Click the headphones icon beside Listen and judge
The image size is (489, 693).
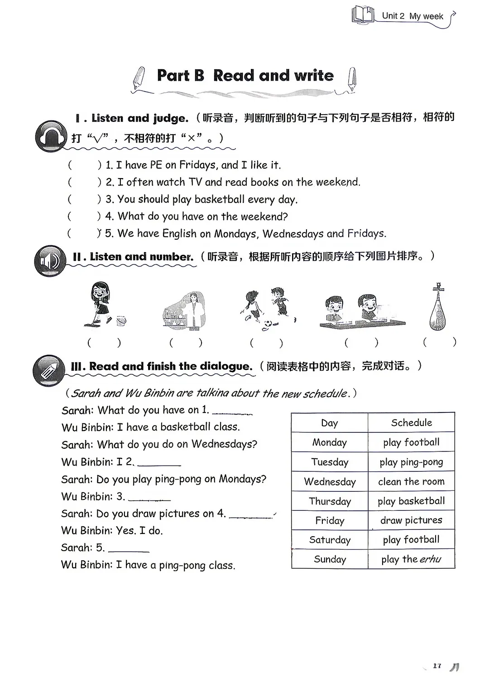click(51, 136)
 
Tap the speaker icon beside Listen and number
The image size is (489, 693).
click(50, 261)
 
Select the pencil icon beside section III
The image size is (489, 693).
click(49, 371)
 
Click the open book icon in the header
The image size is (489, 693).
click(363, 15)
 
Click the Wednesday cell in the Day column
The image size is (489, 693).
click(330, 482)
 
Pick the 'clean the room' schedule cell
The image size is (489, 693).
click(412, 481)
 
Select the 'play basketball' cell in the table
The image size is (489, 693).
click(412, 501)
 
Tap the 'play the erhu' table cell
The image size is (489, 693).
click(412, 559)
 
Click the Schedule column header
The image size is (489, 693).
click(412, 422)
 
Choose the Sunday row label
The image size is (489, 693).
click(330, 559)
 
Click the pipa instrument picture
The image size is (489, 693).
click(438, 306)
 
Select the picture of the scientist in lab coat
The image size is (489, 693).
click(184, 311)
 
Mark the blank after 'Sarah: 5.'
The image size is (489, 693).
click(129, 551)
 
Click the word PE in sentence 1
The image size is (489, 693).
click(156, 165)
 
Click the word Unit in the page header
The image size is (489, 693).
click(390, 16)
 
